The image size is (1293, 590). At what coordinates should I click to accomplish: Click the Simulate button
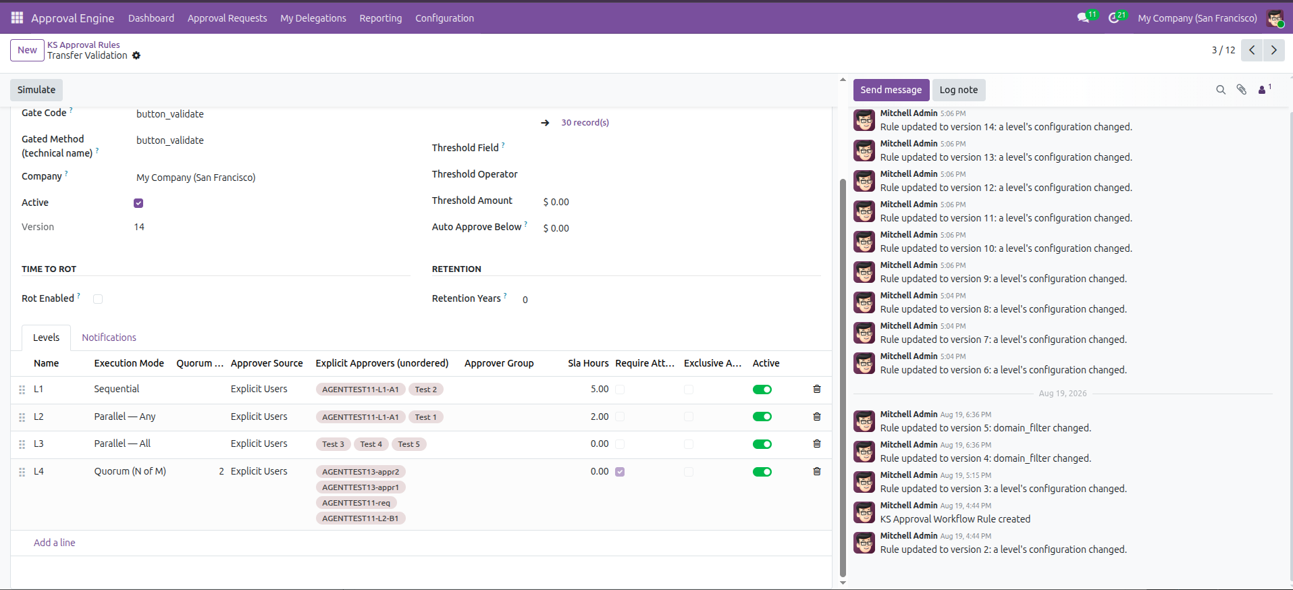[x=36, y=90]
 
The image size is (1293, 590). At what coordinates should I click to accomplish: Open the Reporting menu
[x=381, y=18]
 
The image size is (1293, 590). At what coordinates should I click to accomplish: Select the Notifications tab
[x=109, y=338]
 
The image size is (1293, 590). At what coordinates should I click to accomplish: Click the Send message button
[x=891, y=90]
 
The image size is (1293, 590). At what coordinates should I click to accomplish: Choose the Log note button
[x=959, y=90]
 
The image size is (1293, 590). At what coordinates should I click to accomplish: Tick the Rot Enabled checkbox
[x=98, y=299]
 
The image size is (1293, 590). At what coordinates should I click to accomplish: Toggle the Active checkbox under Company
[x=138, y=203]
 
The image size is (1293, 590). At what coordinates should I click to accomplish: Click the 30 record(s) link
[x=585, y=123]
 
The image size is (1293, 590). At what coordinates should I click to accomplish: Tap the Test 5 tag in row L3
[x=409, y=444]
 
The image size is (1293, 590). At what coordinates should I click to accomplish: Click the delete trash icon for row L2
[x=817, y=417]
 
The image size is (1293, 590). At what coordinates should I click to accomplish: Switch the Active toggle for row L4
[x=762, y=472]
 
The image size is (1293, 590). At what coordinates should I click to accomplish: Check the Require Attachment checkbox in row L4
[x=620, y=472]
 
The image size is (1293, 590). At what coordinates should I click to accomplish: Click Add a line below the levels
[x=55, y=543]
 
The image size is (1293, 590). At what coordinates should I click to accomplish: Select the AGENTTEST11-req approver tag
[x=356, y=503]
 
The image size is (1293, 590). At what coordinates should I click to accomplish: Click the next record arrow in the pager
[x=1274, y=50]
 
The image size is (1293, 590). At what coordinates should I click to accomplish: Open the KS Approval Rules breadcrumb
[x=84, y=45]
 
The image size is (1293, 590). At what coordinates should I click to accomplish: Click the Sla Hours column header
[x=588, y=363]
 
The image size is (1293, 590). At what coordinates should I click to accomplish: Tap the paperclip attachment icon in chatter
[x=1242, y=90]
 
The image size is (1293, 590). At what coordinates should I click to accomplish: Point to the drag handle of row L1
[x=22, y=390]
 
